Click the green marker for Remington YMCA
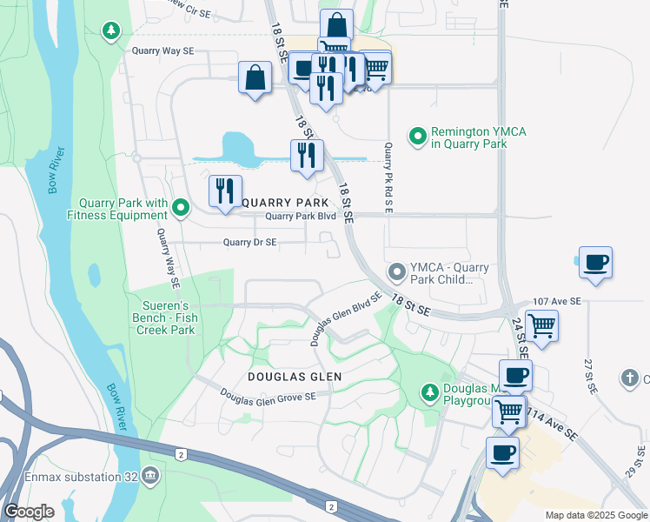418,136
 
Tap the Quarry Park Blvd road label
300,217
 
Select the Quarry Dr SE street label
249,243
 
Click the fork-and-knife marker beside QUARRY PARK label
224,191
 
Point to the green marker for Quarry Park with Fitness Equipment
181,207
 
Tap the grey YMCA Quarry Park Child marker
397,273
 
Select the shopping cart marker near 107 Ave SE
541,326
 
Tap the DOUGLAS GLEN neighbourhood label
294,377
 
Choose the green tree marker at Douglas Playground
428,391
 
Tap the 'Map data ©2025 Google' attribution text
595,515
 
